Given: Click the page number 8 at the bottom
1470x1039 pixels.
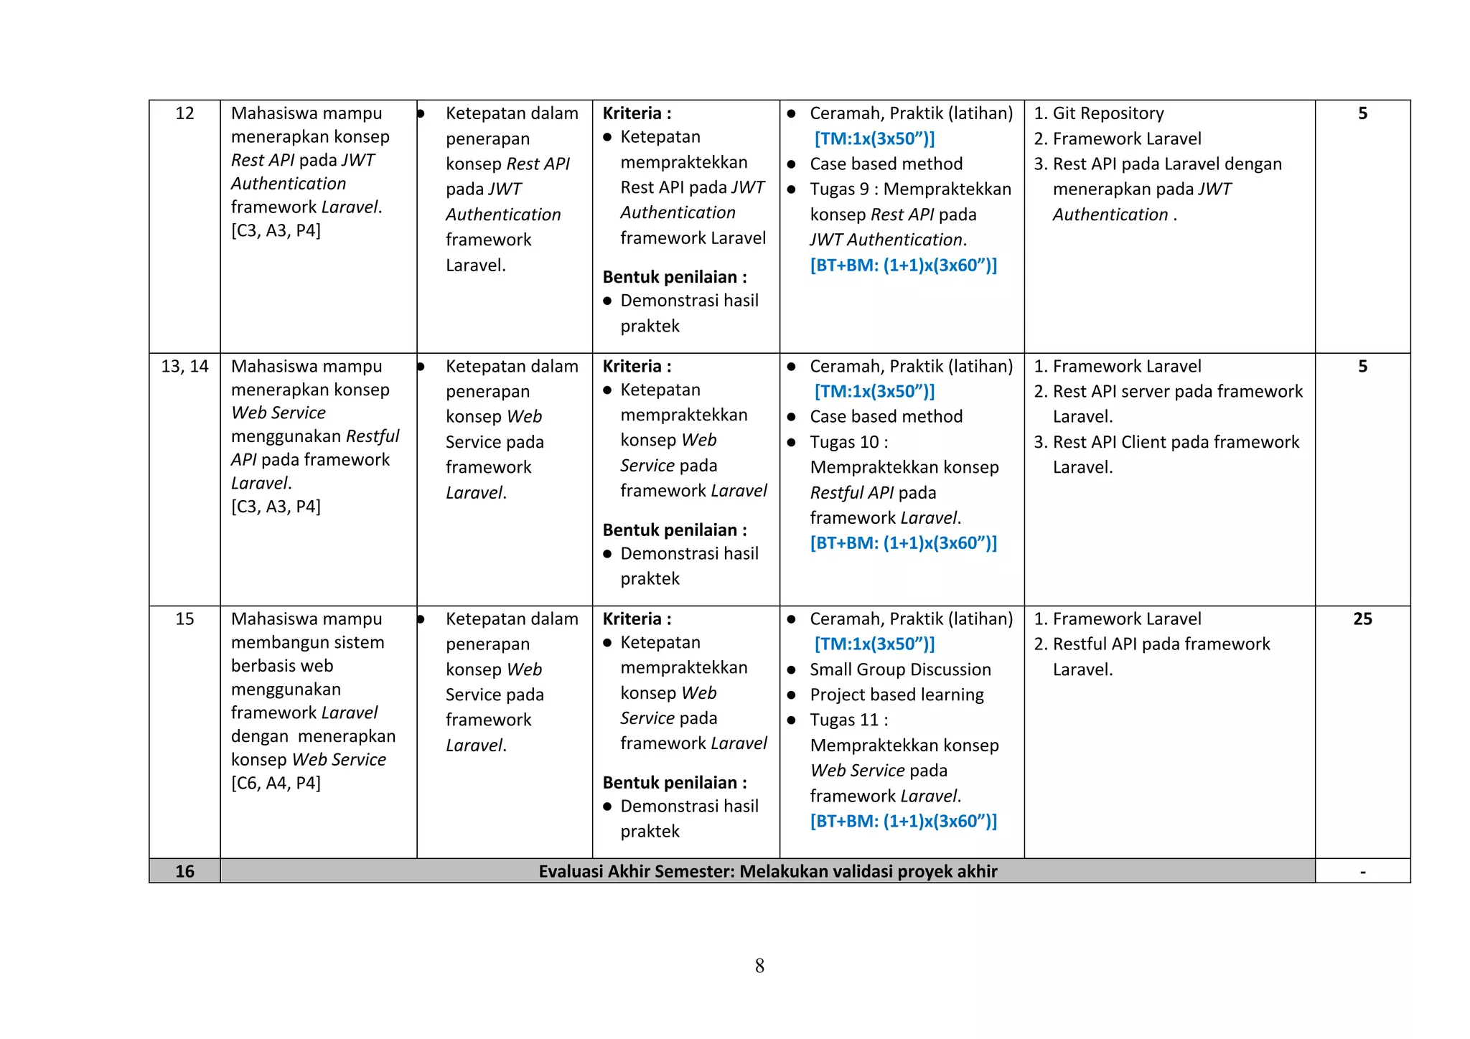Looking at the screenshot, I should click(759, 966).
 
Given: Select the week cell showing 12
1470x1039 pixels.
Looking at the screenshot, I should click(184, 113).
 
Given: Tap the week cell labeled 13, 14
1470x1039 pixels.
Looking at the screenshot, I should click(184, 367).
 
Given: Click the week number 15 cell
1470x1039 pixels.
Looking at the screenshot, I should click(184, 619).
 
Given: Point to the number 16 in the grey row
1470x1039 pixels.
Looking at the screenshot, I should click(184, 871).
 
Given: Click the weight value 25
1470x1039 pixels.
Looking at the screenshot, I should click(1362, 619).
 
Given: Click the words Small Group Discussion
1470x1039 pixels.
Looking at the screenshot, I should click(900, 669).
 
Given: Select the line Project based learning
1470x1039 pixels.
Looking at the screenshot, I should click(896, 695).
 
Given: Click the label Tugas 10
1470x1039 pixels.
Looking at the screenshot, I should click(845, 442).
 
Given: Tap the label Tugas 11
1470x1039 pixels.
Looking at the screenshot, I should click(845, 720).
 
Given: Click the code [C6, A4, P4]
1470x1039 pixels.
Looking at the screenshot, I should click(276, 783).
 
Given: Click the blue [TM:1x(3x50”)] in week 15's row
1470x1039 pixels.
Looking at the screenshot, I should click(874, 644).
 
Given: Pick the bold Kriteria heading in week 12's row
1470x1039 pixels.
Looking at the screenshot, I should click(637, 113).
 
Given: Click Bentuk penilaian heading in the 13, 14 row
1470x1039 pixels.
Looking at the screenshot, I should click(674, 530).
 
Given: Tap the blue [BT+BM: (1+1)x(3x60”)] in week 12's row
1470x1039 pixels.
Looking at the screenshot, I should click(903, 265).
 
